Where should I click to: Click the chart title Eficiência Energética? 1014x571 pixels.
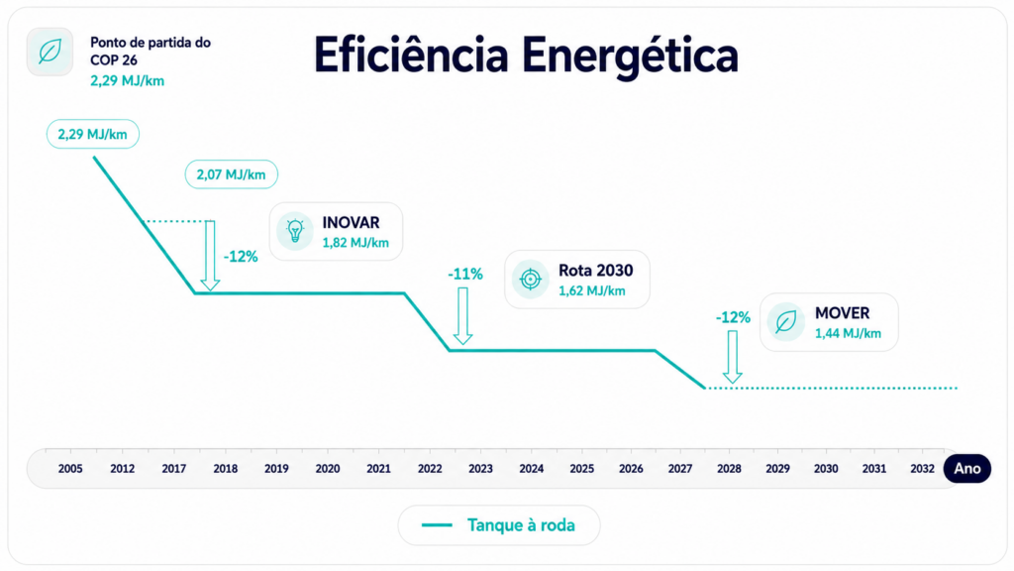pyautogui.click(x=526, y=57)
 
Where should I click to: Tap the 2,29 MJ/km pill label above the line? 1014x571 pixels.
pyautogui.click(x=92, y=134)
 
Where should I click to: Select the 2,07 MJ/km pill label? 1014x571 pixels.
pyautogui.click(x=231, y=174)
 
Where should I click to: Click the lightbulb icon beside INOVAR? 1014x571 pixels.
pyautogui.click(x=295, y=230)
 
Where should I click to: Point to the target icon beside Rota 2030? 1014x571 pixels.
pyautogui.click(x=531, y=279)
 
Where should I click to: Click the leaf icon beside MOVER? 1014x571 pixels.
pyautogui.click(x=785, y=322)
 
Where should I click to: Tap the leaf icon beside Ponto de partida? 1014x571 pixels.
pyautogui.click(x=50, y=52)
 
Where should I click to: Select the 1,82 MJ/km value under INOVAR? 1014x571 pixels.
pyautogui.click(x=355, y=243)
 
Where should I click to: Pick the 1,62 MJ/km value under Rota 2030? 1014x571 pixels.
pyautogui.click(x=592, y=290)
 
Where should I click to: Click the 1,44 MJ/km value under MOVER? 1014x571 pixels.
pyautogui.click(x=848, y=333)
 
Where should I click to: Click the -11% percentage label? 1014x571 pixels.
pyautogui.click(x=465, y=275)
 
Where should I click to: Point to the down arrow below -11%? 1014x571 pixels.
pyautogui.click(x=462, y=316)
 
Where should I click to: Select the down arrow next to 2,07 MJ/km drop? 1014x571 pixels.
pyautogui.click(x=210, y=256)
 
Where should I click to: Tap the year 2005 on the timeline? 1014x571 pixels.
pyautogui.click(x=70, y=469)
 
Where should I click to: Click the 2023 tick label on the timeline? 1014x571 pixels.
pyautogui.click(x=480, y=469)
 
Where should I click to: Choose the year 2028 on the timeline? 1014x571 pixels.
pyautogui.click(x=729, y=469)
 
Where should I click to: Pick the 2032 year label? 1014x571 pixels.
pyautogui.click(x=922, y=469)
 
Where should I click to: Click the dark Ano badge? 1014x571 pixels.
pyautogui.click(x=967, y=469)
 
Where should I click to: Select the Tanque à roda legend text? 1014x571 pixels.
pyautogui.click(x=521, y=525)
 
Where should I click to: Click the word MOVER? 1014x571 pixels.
pyautogui.click(x=842, y=313)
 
